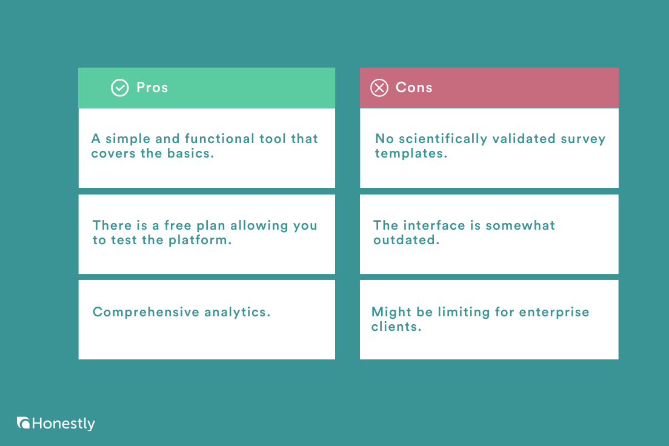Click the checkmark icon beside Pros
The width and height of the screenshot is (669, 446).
coord(120,88)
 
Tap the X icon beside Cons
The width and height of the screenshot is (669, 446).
coord(379,88)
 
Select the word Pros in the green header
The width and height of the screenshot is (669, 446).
coord(152,87)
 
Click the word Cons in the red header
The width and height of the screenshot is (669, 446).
coord(414,87)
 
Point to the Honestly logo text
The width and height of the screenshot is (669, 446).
coord(64,424)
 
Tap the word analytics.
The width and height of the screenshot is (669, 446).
coord(237,312)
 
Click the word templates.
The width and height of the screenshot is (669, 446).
coord(411,153)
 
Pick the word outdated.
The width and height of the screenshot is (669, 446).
coord(406,240)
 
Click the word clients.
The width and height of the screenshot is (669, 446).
coord(396,327)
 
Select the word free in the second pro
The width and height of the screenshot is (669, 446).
coord(179,225)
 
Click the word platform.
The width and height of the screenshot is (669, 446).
coord(202,240)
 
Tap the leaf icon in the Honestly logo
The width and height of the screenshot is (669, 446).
coord(24,423)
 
